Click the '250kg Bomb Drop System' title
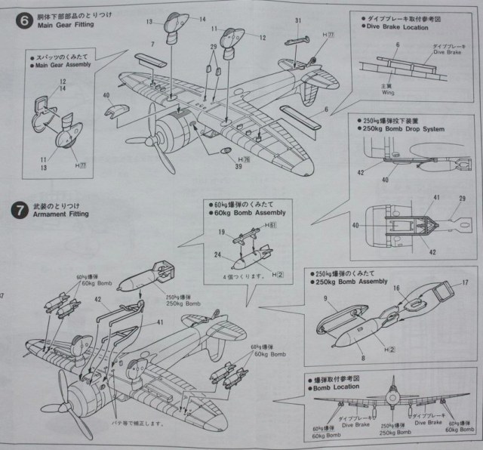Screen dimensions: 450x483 tap(403, 129)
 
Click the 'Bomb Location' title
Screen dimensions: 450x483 tap(336, 387)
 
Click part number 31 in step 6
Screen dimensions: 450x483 tap(298, 20)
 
